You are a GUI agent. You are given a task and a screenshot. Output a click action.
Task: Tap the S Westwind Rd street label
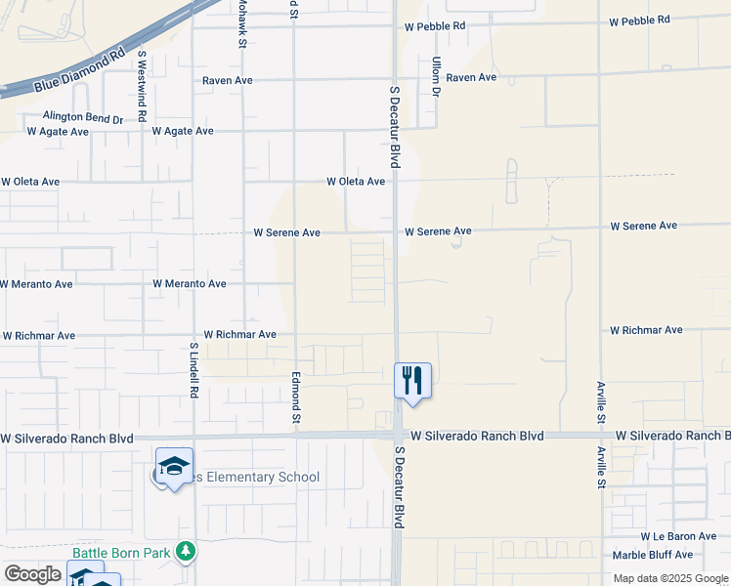[143, 86]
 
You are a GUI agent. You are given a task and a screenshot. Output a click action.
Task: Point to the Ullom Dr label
[436, 76]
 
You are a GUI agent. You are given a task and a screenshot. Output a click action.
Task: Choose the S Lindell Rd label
[194, 369]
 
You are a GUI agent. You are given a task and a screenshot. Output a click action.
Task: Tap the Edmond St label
[295, 397]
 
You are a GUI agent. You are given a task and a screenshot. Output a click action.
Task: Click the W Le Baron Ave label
[679, 537]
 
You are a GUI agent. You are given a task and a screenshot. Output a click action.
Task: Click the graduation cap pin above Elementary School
[174, 467]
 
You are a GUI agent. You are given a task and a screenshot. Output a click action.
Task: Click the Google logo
[32, 574]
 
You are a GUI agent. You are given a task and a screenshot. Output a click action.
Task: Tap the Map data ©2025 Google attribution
[671, 578]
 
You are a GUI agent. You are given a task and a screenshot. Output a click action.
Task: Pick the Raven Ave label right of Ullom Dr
[471, 77]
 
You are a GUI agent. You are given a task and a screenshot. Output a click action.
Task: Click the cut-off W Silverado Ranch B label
[672, 436]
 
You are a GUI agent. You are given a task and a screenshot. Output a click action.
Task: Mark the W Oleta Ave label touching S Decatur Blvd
[356, 182]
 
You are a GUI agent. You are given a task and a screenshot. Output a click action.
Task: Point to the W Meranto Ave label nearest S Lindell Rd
[190, 284]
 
